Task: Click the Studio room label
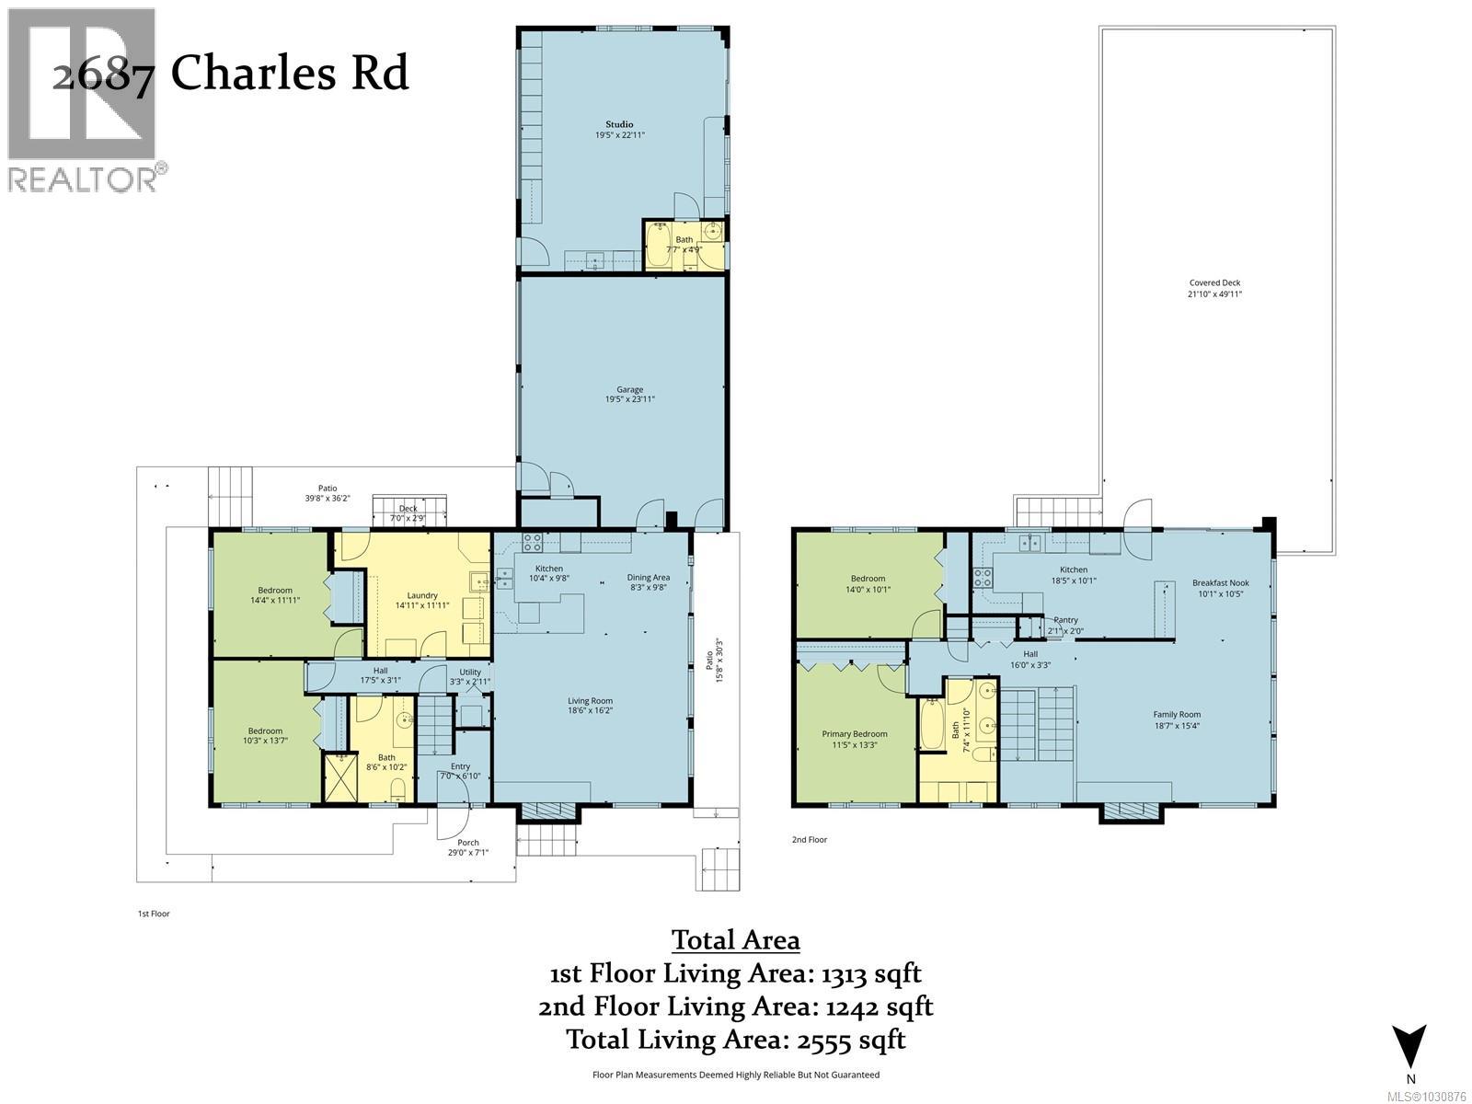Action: point(619,124)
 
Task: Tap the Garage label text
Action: point(630,389)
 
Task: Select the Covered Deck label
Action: point(1216,283)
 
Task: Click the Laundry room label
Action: point(422,595)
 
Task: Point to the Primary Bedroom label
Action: point(855,734)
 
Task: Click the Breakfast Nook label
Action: point(1221,582)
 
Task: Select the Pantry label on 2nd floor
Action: point(1065,620)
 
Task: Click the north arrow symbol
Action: point(1409,1048)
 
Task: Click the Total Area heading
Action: point(736,940)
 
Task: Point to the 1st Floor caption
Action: point(153,914)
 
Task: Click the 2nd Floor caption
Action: point(810,839)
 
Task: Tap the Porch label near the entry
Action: point(468,842)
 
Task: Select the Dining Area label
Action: point(647,577)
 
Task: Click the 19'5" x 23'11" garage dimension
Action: point(630,399)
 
